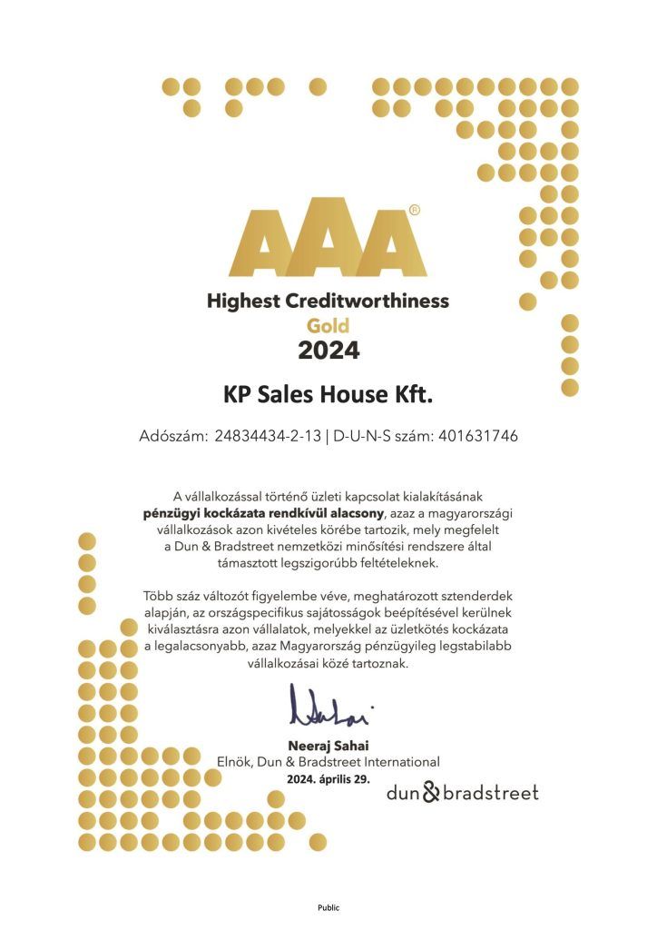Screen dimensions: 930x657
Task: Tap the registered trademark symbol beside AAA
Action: pyautogui.click(x=415, y=209)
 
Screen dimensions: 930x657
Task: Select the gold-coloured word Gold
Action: pyautogui.click(x=328, y=324)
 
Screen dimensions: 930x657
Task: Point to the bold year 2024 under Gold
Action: pyautogui.click(x=328, y=349)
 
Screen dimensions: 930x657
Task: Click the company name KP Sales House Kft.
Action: pyautogui.click(x=328, y=395)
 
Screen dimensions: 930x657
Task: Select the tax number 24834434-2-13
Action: pyautogui.click(x=269, y=436)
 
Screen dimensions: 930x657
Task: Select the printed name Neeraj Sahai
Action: pyautogui.click(x=328, y=747)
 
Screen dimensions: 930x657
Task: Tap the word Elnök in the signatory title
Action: pyautogui.click(x=234, y=762)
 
